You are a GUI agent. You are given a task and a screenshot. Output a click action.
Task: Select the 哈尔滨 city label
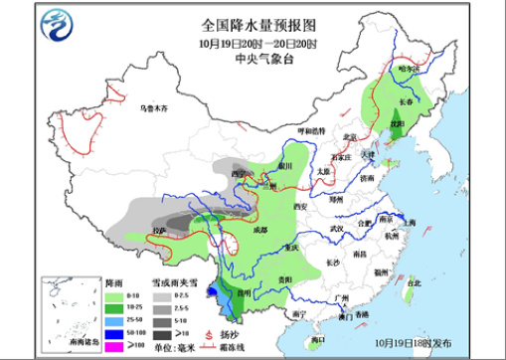tap(409, 71)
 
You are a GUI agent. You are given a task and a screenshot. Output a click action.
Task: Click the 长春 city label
tap(405, 100)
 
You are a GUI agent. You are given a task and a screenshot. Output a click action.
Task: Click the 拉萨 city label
tap(159, 230)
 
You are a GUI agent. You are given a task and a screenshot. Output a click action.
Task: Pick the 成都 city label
tap(261, 230)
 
